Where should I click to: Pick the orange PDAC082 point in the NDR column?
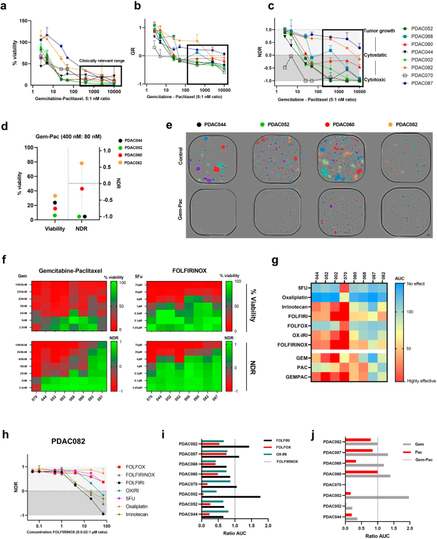point(81,163)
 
